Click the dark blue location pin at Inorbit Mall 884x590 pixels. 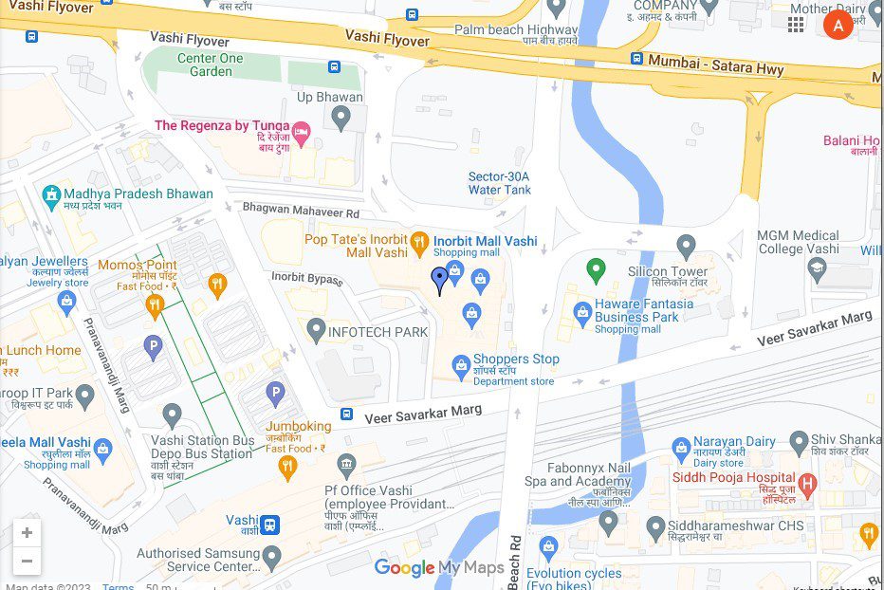(440, 279)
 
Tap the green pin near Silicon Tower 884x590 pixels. (596, 270)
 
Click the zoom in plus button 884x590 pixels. (27, 533)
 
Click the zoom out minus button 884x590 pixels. (27, 561)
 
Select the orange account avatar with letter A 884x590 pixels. (838, 25)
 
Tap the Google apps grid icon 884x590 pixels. (796, 25)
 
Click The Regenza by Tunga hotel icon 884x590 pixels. (302, 134)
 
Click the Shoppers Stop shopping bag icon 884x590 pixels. (461, 364)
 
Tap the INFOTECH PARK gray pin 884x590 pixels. (317, 330)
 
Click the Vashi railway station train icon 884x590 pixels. (270, 524)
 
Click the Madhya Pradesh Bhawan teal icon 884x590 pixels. (51, 196)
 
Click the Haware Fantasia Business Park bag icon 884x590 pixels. (582, 311)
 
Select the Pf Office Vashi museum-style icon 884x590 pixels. (346, 464)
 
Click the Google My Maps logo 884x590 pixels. (438, 568)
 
